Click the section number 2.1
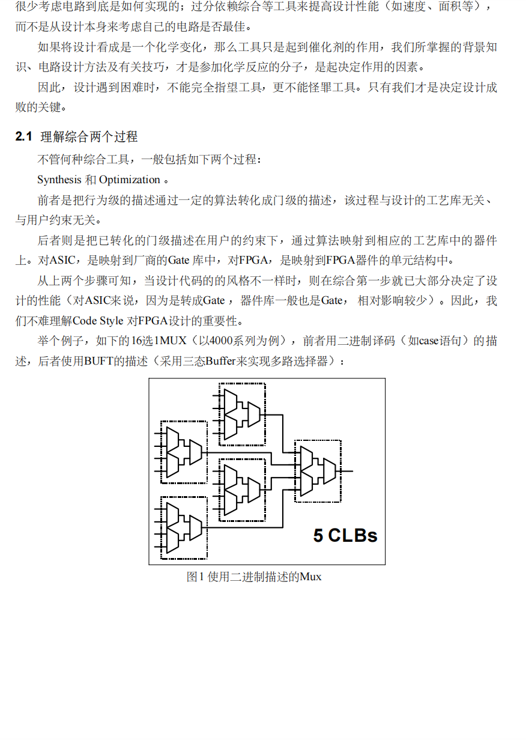click(23, 137)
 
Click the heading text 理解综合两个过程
click(89, 137)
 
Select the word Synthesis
click(59, 180)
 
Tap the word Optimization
click(130, 180)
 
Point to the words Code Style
click(98, 320)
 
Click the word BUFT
click(98, 362)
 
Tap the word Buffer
click(221, 362)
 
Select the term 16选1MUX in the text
click(144, 341)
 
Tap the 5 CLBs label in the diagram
click(345, 535)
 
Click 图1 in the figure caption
click(193, 577)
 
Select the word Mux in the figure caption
click(310, 577)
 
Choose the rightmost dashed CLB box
click(318, 471)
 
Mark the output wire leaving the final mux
click(347, 471)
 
